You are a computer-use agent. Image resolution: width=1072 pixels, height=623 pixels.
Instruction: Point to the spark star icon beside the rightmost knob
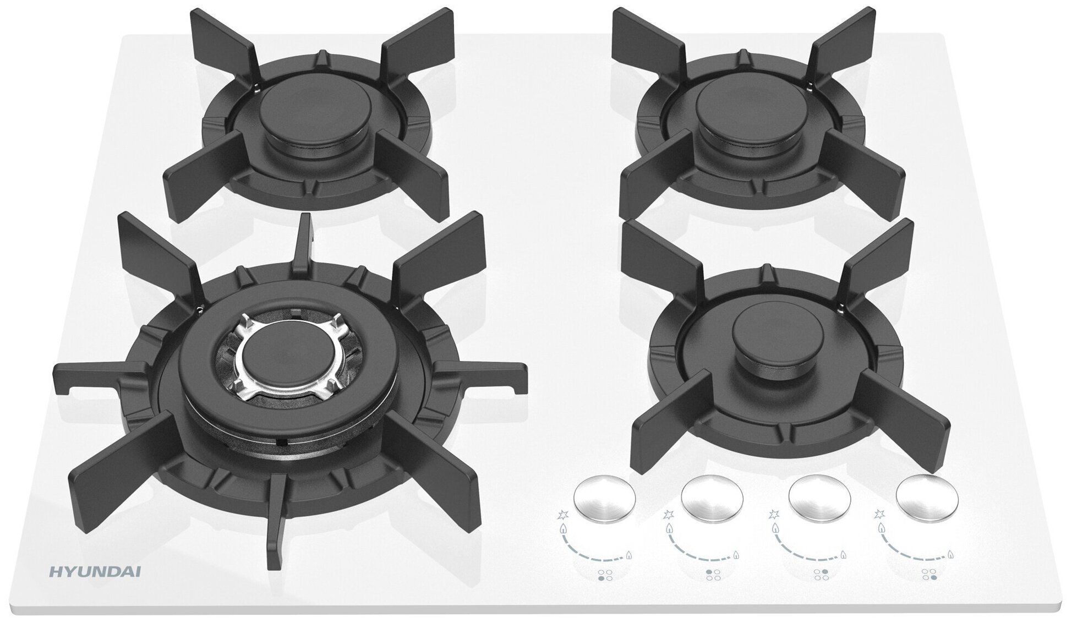point(879,516)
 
